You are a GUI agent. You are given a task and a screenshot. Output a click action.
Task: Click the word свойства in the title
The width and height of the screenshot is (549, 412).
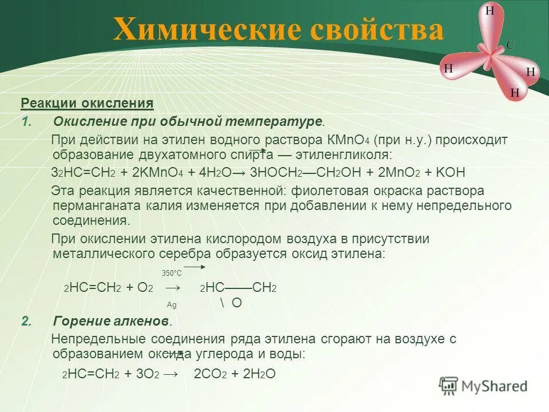377,30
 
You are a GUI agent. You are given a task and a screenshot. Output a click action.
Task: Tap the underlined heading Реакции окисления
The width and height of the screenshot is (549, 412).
87,104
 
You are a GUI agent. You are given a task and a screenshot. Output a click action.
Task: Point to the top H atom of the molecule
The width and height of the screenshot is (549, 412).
490,10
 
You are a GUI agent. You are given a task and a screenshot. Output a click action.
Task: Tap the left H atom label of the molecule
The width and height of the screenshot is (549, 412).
448,68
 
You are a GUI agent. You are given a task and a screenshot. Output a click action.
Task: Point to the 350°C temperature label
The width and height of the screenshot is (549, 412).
172,273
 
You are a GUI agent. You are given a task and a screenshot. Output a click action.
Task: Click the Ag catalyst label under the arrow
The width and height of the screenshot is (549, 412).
172,305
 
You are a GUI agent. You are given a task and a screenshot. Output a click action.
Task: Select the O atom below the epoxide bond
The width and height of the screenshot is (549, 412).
236,303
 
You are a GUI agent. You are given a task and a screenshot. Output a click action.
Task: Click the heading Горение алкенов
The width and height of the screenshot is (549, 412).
112,320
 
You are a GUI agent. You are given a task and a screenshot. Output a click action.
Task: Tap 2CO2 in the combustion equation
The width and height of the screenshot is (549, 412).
210,374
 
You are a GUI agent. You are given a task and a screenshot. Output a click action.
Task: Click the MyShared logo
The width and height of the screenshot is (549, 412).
484,386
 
